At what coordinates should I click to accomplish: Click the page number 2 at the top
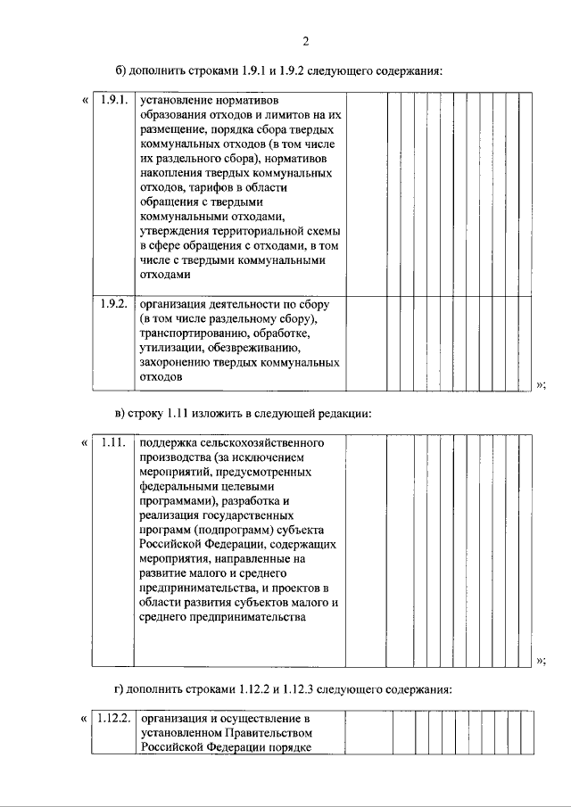tap(305, 41)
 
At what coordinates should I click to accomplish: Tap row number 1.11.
tap(112, 442)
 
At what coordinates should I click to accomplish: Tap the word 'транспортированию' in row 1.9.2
tap(190, 333)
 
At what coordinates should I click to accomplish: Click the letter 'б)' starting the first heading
tap(120, 70)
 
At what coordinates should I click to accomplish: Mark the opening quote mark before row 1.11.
tap(84, 442)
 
